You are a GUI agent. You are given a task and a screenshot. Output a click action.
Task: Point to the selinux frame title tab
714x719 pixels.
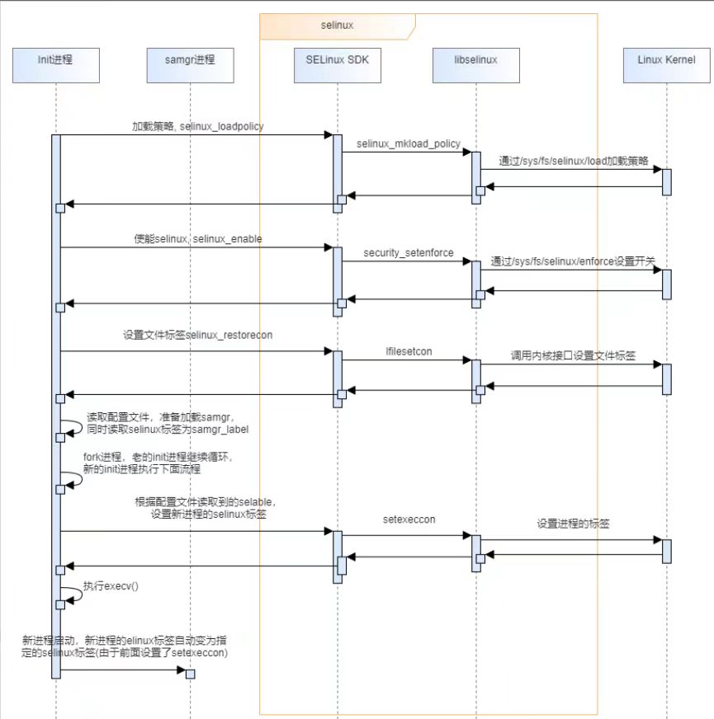pos(337,26)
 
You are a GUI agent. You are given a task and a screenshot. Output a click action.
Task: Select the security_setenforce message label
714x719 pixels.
pos(408,253)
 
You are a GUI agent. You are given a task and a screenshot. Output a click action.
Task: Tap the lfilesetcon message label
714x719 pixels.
pos(409,351)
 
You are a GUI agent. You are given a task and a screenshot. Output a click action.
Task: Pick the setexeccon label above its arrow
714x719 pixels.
pos(409,521)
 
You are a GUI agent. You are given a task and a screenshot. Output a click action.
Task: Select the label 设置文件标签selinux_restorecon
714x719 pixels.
pos(197,336)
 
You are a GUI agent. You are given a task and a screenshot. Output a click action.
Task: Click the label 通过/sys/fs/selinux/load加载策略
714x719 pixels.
pos(573,160)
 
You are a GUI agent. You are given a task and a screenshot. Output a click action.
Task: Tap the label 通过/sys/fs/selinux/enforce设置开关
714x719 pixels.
pos(573,261)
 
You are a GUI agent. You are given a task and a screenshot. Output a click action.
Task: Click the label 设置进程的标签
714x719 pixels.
pos(573,524)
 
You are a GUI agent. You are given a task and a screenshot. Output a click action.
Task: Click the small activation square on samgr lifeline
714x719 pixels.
pos(190,674)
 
